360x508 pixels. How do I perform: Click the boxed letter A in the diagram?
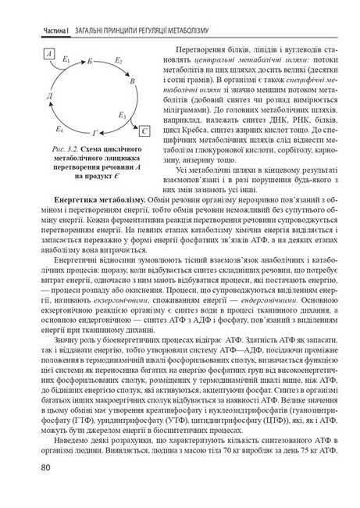point(49,54)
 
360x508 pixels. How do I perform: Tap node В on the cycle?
point(133,81)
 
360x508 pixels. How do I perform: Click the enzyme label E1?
point(66,59)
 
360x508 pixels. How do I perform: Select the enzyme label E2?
point(119,59)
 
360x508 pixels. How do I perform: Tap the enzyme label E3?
point(123,116)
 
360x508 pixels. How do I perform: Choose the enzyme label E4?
point(59,127)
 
